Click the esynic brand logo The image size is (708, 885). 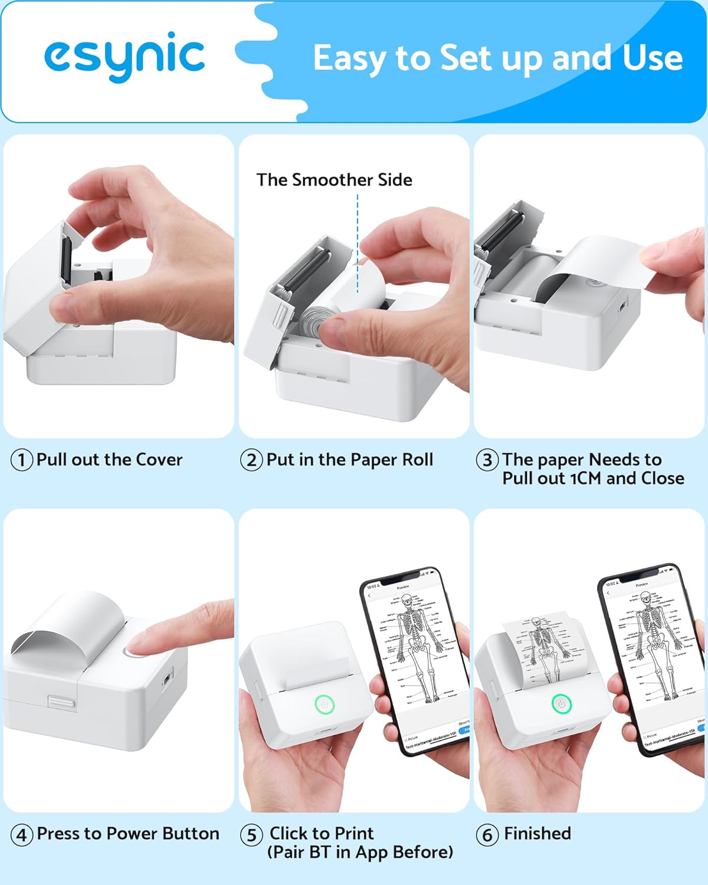[x=124, y=56]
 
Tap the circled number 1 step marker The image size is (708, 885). [x=22, y=460]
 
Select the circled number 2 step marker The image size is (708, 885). [x=251, y=460]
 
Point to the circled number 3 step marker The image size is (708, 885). [x=487, y=460]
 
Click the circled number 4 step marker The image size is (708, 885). [x=22, y=835]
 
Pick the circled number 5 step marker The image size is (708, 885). [x=251, y=835]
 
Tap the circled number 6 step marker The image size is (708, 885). [x=487, y=835]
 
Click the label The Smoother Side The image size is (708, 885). [x=334, y=180]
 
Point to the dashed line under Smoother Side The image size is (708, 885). [x=358, y=242]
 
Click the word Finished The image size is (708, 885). [x=537, y=834]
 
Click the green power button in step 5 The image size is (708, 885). [x=324, y=704]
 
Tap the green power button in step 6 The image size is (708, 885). [x=561, y=703]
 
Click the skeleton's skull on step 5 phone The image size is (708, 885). [x=407, y=602]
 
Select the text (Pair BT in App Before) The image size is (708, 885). [x=360, y=853]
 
